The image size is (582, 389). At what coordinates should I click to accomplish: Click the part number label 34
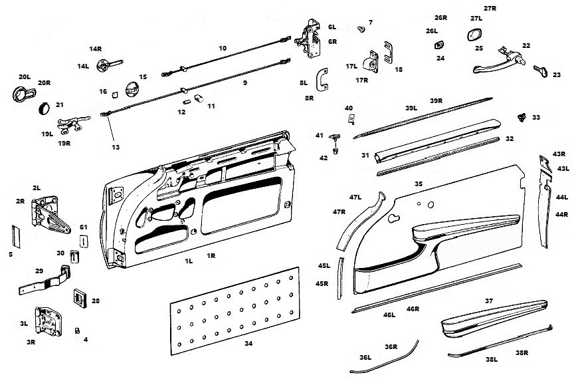point(248,344)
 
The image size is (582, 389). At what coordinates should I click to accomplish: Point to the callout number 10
point(223,48)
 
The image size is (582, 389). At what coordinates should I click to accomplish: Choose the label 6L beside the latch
point(332,27)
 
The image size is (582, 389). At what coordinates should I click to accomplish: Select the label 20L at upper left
point(25,77)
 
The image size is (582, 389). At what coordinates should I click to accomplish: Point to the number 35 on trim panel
point(418,183)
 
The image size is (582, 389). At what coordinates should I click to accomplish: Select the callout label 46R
point(413,309)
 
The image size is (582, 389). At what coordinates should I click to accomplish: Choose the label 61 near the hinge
point(84,227)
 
